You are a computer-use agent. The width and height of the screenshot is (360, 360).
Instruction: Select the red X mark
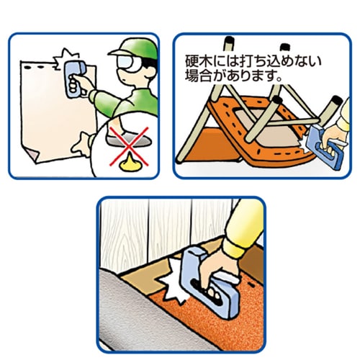129,146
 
